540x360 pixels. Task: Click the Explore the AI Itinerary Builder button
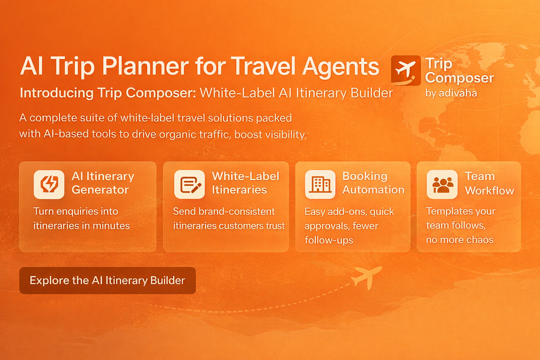tap(108, 280)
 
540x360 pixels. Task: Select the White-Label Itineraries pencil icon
tap(186, 184)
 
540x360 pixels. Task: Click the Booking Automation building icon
tap(320, 184)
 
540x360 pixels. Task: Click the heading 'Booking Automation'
tap(373, 183)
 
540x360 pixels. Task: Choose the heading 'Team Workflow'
tap(489, 183)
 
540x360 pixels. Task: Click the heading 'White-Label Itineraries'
tap(245, 183)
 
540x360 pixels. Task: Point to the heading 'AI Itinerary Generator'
tap(103, 183)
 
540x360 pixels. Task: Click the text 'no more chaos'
tap(459, 239)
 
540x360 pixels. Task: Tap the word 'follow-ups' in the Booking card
tap(328, 240)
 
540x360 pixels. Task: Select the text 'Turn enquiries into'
tap(76, 211)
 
